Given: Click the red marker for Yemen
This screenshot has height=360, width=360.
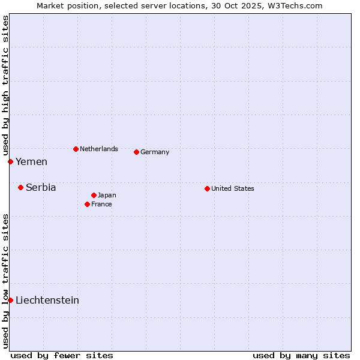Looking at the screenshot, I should [x=10, y=161].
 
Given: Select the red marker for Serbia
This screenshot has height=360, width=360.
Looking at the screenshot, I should [x=20, y=187].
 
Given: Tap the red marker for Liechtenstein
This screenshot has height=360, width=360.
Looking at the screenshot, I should [x=10, y=300].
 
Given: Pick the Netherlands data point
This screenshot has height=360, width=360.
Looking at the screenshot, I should [x=76, y=149].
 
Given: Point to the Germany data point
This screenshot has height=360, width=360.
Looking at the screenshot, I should [x=136, y=152].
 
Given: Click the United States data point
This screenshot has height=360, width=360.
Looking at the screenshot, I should [x=207, y=188].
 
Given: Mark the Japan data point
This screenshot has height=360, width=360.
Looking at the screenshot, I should [x=94, y=195].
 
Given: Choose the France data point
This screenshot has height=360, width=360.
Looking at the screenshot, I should [x=87, y=204].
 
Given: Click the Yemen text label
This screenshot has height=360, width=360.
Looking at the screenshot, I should [x=31, y=161].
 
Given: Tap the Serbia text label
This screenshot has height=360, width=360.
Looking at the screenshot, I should [x=41, y=187].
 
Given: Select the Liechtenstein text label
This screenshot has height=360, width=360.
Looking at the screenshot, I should [x=47, y=300].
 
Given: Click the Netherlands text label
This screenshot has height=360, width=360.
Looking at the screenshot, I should [x=99, y=149].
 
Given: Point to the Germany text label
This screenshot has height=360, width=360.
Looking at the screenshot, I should [x=155, y=152].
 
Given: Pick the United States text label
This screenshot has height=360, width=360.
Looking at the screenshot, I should [x=233, y=188].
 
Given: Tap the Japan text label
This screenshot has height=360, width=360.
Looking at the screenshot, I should [x=107, y=195].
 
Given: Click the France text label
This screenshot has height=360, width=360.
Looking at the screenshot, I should [x=101, y=204].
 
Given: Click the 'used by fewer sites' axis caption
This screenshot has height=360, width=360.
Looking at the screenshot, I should [x=62, y=355].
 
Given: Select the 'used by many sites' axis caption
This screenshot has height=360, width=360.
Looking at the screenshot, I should [x=301, y=355].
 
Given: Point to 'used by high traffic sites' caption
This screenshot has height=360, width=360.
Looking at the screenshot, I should [x=5, y=84].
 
